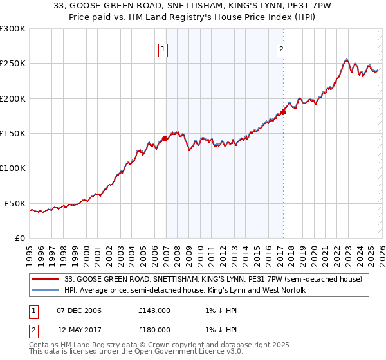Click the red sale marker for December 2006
click(x=165, y=138)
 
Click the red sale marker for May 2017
click(x=283, y=113)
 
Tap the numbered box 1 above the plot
click(x=163, y=49)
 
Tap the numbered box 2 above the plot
click(x=282, y=49)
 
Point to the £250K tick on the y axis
click(x=13, y=64)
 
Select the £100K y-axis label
click(x=13, y=168)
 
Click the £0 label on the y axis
click(x=19, y=238)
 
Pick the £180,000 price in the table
click(x=154, y=329)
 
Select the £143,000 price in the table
click(x=154, y=310)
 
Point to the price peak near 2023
click(x=346, y=60)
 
